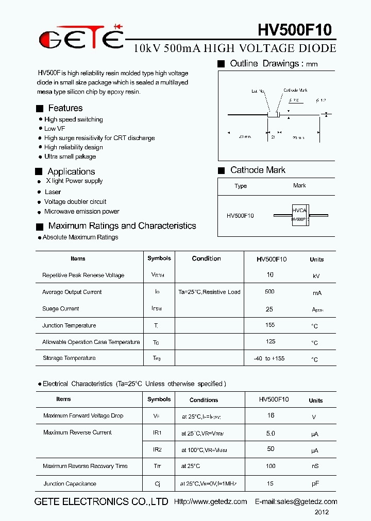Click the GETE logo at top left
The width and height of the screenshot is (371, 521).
[x=81, y=38]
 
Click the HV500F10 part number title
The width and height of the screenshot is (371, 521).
[x=294, y=29]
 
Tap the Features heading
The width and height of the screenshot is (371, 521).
[x=65, y=108]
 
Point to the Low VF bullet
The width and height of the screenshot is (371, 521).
[x=55, y=129]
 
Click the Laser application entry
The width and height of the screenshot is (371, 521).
[x=53, y=192]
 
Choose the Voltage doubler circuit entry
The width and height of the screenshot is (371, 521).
[x=75, y=202]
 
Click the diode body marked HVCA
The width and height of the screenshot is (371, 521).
[x=299, y=215]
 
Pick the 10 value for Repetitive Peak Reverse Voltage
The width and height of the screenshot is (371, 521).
[x=270, y=275]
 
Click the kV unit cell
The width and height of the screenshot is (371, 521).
[x=316, y=276]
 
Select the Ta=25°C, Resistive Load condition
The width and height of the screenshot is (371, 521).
[x=209, y=292]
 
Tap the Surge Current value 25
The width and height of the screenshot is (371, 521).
[x=269, y=309]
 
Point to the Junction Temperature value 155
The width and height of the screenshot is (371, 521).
[x=270, y=325]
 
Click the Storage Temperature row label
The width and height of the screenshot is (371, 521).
[x=69, y=358]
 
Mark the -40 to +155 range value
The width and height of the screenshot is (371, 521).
[x=269, y=358]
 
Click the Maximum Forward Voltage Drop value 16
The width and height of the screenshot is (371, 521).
[x=271, y=415]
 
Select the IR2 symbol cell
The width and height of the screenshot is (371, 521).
[x=157, y=449]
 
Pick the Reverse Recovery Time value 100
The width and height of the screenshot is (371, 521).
[x=271, y=466]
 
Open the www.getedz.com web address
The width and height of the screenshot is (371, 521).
[x=211, y=501]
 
